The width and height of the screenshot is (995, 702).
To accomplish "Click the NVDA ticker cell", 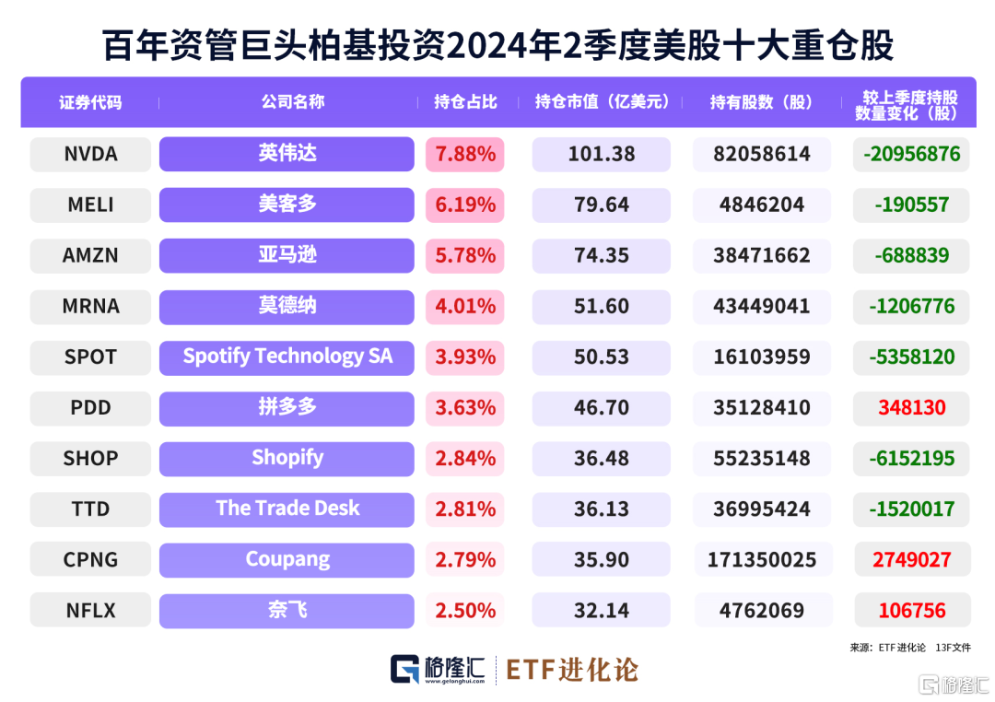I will pos(90,154).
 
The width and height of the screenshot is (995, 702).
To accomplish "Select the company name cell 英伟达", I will pos(287,154).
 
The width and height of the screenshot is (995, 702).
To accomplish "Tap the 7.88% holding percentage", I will pos(465,154).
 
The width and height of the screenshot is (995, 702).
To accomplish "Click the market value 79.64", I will pos(601,205).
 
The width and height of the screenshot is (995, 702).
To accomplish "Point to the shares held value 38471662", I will pos(761,255).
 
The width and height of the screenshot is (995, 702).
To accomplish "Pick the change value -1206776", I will pos(911,306).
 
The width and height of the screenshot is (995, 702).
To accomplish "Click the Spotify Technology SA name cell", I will pos(287,357).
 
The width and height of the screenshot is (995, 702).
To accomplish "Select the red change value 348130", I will pos(911,407).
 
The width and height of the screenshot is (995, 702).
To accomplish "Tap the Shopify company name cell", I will pos(287,458).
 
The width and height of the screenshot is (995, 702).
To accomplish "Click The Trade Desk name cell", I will pos(287,509).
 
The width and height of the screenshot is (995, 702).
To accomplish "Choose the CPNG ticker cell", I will pos(90,559).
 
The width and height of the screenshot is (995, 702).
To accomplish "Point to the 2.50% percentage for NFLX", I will pos(465,610).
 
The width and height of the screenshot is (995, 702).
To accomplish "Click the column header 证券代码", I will pos(90,102).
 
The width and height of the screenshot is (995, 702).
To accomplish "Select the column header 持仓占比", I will pos(465,102).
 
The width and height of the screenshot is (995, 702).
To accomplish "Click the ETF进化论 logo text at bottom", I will pos(571,670).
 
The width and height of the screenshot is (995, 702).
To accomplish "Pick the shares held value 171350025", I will pos(761,559).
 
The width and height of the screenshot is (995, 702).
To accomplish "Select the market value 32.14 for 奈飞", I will pos(601,610).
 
